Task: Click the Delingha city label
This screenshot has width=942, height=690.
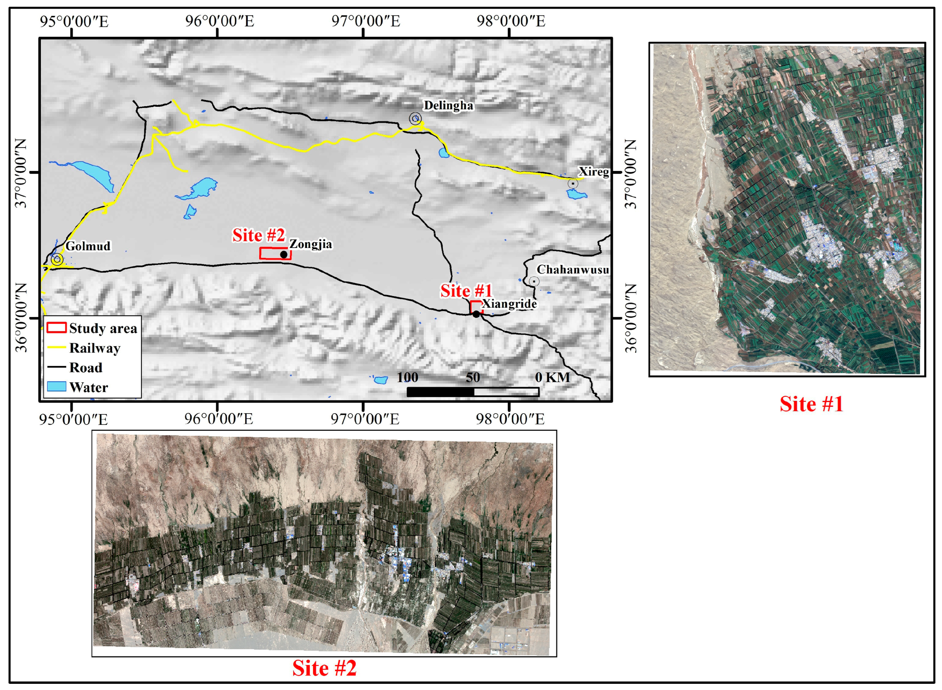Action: pyautogui.click(x=448, y=105)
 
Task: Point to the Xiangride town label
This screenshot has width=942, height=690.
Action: pyautogui.click(x=509, y=304)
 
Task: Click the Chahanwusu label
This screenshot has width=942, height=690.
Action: pyautogui.click(x=573, y=270)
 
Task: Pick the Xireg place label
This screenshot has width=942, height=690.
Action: pyautogui.click(x=593, y=172)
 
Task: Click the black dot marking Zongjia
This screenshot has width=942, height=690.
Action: pyautogui.click(x=284, y=254)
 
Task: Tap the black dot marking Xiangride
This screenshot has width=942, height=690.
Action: pyautogui.click(x=476, y=314)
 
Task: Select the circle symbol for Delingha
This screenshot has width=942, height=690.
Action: pyautogui.click(x=415, y=119)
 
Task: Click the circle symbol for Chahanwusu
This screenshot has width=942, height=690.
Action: pyautogui.click(x=534, y=281)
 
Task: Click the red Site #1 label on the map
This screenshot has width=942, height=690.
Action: pyautogui.click(x=466, y=291)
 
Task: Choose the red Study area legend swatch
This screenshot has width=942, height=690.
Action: pyautogui.click(x=56, y=328)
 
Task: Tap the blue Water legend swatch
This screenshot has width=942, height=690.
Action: pyautogui.click(x=56, y=387)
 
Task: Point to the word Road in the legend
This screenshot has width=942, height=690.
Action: pyautogui.click(x=86, y=367)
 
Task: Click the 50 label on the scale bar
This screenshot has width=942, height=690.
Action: pyautogui.click(x=473, y=378)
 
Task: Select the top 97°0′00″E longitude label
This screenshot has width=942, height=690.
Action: pyautogui.click(x=365, y=21)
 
